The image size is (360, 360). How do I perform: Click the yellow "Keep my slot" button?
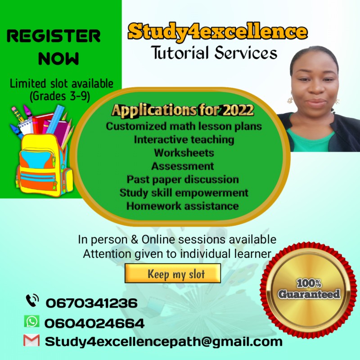(x=173, y=273)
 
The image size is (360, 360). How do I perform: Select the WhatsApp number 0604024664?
(x=94, y=323)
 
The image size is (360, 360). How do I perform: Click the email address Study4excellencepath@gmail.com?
(x=164, y=342)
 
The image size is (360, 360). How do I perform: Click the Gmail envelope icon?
(x=31, y=341)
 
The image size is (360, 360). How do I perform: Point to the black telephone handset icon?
(x=32, y=300)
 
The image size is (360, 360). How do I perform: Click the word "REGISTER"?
(x=54, y=36)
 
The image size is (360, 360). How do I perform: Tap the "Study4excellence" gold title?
(x=217, y=31)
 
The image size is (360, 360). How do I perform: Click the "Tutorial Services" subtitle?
(x=214, y=53)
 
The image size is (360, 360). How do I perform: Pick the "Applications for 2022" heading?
(x=183, y=110)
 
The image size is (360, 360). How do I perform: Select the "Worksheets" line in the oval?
(x=184, y=153)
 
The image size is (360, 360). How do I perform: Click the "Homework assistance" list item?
(x=182, y=206)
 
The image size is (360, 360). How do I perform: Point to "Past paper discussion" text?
(x=182, y=179)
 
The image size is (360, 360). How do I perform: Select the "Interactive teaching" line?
(x=184, y=139)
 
